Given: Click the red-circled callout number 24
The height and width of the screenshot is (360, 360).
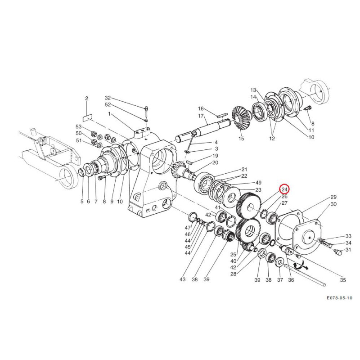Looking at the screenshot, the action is (x=284, y=189).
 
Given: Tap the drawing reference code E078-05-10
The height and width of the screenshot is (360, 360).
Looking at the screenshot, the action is (x=339, y=298).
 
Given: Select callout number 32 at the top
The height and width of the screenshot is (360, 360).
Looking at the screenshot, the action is (x=108, y=98).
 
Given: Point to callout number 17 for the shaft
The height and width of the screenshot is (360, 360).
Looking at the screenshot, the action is (x=201, y=116).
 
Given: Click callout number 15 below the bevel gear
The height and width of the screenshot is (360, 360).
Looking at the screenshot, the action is (x=241, y=139).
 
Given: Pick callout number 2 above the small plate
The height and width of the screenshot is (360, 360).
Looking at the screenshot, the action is (x=86, y=99).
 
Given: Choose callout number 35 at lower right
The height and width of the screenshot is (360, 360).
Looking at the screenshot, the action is (x=343, y=280).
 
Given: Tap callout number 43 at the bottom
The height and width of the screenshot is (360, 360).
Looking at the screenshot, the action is (x=183, y=279).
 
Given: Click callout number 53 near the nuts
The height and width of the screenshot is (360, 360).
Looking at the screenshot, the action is (x=78, y=126).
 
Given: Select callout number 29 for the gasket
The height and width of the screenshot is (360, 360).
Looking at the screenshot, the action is (x=333, y=197).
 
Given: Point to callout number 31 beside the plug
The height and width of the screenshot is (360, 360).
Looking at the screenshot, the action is (x=348, y=250).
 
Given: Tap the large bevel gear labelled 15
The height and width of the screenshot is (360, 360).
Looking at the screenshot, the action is (x=241, y=118).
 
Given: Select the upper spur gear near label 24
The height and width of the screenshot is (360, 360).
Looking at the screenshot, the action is (x=249, y=206).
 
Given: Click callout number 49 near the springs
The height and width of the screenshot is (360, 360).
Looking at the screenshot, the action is (x=258, y=183).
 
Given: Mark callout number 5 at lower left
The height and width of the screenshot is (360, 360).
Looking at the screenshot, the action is (x=82, y=202).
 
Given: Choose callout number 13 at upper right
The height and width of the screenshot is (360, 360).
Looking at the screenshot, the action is (x=253, y=90).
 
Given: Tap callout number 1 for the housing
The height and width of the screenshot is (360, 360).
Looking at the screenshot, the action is (x=109, y=114).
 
